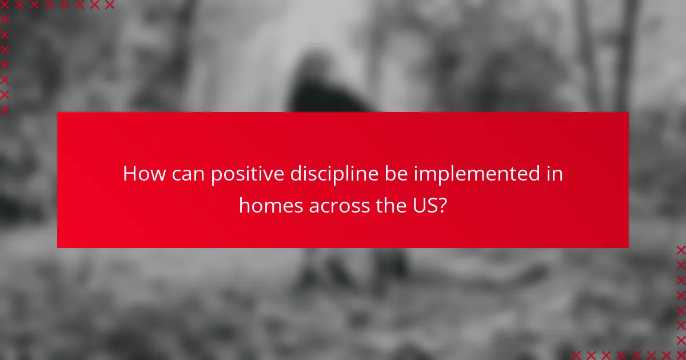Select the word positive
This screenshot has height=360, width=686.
(248, 175)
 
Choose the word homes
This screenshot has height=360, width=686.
(271, 206)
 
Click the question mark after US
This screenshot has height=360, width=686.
(442, 206)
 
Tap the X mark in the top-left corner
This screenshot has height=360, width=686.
(5, 5)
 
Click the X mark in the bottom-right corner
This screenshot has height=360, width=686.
(681, 355)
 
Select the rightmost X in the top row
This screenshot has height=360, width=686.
(110, 5)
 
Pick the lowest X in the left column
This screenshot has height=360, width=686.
(5, 109)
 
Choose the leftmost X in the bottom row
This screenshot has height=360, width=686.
(576, 355)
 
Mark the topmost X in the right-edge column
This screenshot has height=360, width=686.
(681, 250)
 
